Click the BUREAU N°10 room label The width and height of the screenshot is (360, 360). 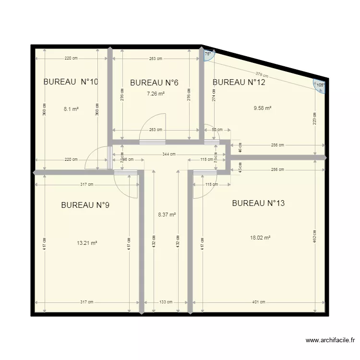[x=71, y=82]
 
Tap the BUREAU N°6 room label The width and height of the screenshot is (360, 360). [x=154, y=83]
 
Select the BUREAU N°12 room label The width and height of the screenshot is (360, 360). [x=239, y=82]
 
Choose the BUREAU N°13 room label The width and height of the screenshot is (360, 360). [x=258, y=203]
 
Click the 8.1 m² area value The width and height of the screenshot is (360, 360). [x=71, y=109]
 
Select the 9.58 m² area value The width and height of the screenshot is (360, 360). [x=263, y=108]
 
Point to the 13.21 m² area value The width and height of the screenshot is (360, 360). [x=87, y=243]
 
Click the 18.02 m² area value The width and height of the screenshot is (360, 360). [x=261, y=238]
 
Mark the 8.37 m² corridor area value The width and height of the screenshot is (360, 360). [x=167, y=215]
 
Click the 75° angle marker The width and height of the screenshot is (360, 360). [x=208, y=55]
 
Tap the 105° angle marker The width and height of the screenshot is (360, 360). [x=320, y=85]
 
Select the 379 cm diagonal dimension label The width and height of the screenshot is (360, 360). [x=262, y=74]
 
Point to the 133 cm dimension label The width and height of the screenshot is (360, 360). [x=165, y=302]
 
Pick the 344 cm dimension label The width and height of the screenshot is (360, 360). [x=168, y=154]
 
